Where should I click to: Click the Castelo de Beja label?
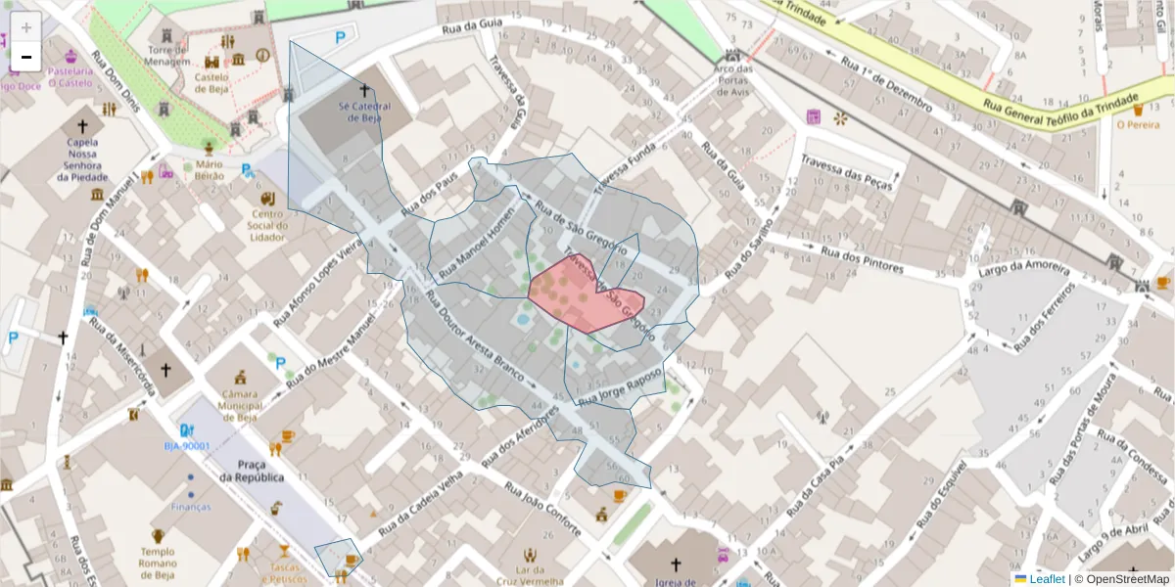[211, 82]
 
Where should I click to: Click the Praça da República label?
[252, 471]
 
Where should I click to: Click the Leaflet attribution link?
[1047, 579]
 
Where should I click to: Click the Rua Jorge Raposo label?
[620, 387]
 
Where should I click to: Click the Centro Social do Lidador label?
[267, 225]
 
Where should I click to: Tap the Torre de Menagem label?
[168, 56]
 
